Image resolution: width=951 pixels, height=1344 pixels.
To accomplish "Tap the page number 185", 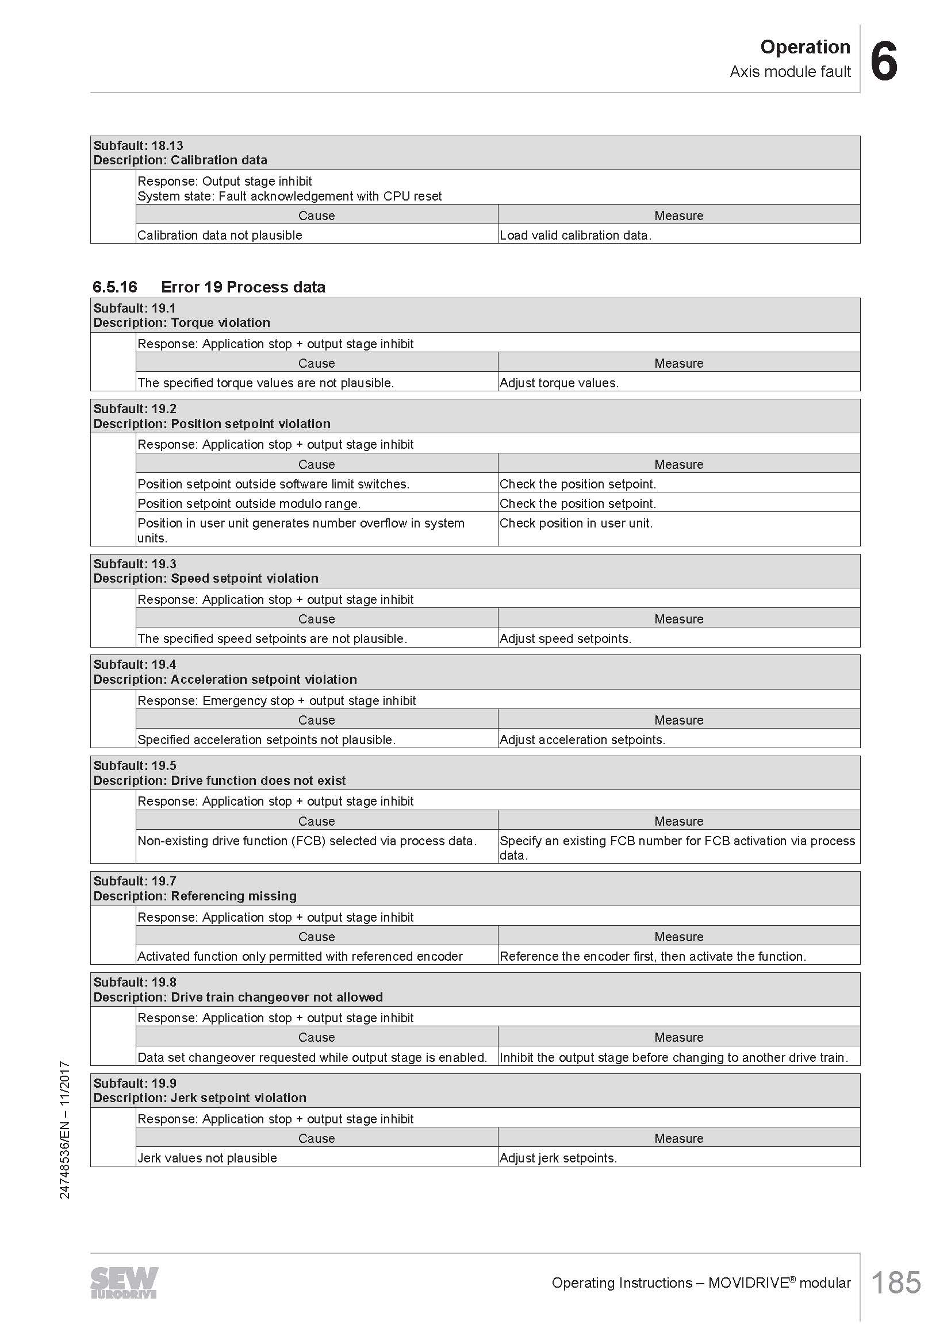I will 896,1283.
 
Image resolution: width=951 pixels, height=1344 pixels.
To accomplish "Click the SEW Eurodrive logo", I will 124,1283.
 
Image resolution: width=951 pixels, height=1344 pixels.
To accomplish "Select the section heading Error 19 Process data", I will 243,287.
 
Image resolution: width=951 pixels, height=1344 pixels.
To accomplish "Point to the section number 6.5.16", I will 115,287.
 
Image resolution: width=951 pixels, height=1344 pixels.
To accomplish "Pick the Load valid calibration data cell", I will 575,236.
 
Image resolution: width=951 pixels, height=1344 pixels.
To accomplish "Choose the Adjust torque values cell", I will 559,383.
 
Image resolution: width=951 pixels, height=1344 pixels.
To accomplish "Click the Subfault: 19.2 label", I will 135,409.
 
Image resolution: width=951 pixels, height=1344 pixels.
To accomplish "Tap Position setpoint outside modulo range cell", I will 249,503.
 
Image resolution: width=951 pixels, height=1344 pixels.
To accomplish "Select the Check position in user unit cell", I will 576,523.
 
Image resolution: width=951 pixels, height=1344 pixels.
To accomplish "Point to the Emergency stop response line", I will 277,700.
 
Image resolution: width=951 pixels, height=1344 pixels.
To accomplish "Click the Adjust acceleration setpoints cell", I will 582,740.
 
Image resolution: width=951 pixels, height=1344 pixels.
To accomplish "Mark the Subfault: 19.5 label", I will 135,765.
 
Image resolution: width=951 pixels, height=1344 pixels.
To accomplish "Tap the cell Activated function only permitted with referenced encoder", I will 300,956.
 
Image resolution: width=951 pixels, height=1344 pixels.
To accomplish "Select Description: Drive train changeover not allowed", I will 238,997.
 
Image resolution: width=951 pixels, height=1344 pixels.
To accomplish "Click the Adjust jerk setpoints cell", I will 558,1158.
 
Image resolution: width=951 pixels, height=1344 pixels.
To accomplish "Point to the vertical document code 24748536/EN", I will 65,1129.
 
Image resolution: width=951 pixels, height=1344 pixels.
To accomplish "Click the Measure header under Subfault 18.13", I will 678,215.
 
